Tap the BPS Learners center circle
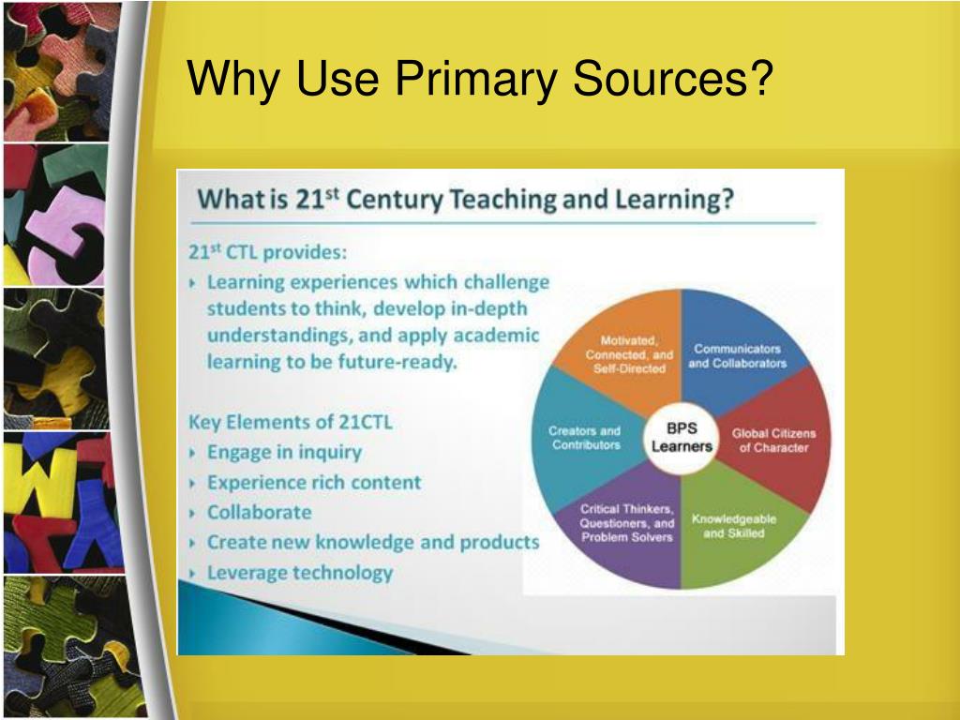[x=682, y=438]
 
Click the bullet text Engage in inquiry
[x=283, y=452]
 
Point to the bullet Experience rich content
[x=314, y=483]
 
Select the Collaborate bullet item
[x=259, y=512]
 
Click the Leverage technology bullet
[x=299, y=573]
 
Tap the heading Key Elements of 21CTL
[x=291, y=422]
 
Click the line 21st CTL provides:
[x=267, y=252]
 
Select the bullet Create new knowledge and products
[x=372, y=542]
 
